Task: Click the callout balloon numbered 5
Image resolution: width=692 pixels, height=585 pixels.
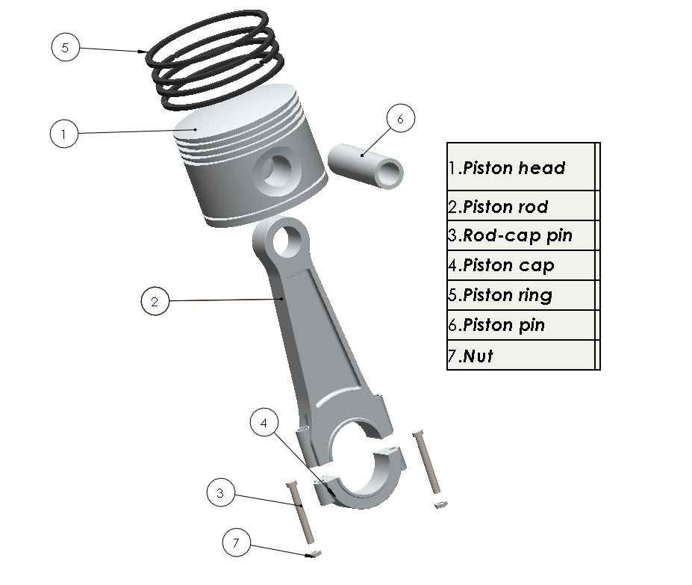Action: point(65,47)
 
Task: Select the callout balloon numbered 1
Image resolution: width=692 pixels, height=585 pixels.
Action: point(64,134)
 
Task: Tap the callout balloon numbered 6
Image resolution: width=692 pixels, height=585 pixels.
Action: point(400,119)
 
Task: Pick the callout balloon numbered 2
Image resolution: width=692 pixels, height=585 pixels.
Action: point(155,302)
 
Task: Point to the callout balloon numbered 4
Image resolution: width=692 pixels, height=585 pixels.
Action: point(264,423)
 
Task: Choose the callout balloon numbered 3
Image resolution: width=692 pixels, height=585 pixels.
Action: point(220,493)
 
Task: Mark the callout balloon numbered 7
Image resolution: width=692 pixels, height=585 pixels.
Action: point(237,543)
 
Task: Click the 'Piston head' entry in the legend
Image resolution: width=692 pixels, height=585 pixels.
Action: point(514,168)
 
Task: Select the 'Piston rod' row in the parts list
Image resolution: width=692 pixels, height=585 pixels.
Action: point(505,207)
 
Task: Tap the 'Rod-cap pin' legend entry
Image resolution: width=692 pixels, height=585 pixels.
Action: point(517,236)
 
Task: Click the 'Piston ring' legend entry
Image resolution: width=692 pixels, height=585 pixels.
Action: point(508,295)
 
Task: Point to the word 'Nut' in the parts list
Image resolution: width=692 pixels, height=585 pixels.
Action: point(478,356)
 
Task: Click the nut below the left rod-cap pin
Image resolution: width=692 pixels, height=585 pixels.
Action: point(314,554)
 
